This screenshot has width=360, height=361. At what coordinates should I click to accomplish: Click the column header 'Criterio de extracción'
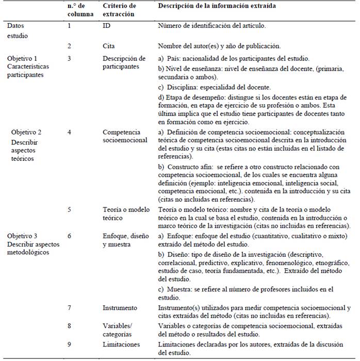pyautogui.click(x=119, y=10)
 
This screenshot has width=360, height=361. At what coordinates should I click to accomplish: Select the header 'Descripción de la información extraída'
pyautogui.click(x=216, y=6)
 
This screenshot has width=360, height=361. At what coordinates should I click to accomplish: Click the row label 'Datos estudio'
pyautogui.click(x=18, y=30)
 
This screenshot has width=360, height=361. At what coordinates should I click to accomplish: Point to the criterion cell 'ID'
pyautogui.click(x=107, y=25)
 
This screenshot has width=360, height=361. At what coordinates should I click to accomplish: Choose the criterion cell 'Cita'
pyautogui.click(x=109, y=46)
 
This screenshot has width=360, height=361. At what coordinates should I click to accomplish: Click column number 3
pyautogui.click(x=69, y=58)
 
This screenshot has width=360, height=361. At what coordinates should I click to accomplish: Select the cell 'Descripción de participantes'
pyautogui.click(x=124, y=62)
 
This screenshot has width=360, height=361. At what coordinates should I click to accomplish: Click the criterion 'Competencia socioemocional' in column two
pyautogui.click(x=125, y=136)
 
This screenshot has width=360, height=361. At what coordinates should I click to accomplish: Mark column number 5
pyautogui.click(x=69, y=210)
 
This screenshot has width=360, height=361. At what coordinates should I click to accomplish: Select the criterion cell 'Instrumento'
pyautogui.click(x=120, y=308)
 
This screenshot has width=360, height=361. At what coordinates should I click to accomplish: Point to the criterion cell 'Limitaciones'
pyautogui.click(x=121, y=344)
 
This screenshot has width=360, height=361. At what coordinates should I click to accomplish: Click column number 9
pyautogui.click(x=69, y=344)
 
